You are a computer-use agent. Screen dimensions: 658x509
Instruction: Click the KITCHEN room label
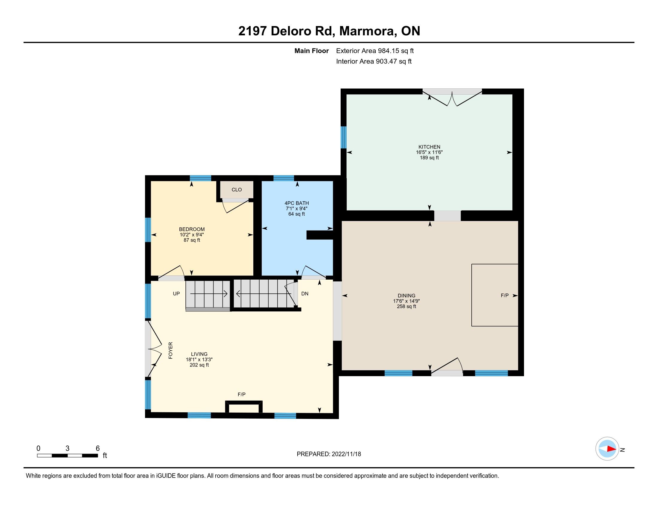(x=429, y=147)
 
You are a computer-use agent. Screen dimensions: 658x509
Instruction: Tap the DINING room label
(x=406, y=296)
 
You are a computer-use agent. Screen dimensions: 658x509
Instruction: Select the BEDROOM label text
(x=192, y=229)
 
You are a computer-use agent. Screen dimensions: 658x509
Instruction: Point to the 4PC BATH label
(x=296, y=203)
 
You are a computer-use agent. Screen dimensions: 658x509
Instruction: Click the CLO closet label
(x=237, y=190)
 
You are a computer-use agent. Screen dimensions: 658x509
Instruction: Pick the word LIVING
(x=199, y=354)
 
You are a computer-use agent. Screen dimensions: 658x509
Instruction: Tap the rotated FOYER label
(x=170, y=350)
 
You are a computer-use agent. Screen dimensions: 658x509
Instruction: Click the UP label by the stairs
(x=176, y=293)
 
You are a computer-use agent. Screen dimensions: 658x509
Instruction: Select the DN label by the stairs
(x=305, y=293)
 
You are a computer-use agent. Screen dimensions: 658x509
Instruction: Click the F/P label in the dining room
(x=505, y=296)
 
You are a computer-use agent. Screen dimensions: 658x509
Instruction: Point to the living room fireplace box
(x=244, y=407)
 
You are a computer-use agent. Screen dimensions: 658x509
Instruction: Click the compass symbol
(x=607, y=449)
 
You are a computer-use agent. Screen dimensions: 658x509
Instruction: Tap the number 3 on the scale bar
(x=67, y=449)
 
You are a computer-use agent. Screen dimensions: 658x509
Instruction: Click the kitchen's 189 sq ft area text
(x=429, y=158)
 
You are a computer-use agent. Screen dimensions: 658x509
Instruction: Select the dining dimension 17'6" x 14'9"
(x=406, y=301)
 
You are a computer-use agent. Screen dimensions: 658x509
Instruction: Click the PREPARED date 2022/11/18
(x=346, y=454)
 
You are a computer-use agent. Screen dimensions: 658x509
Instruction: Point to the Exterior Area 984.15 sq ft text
(x=375, y=51)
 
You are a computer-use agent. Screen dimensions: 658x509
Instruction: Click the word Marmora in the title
(x=367, y=31)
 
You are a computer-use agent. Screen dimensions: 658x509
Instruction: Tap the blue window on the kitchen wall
(x=343, y=137)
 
